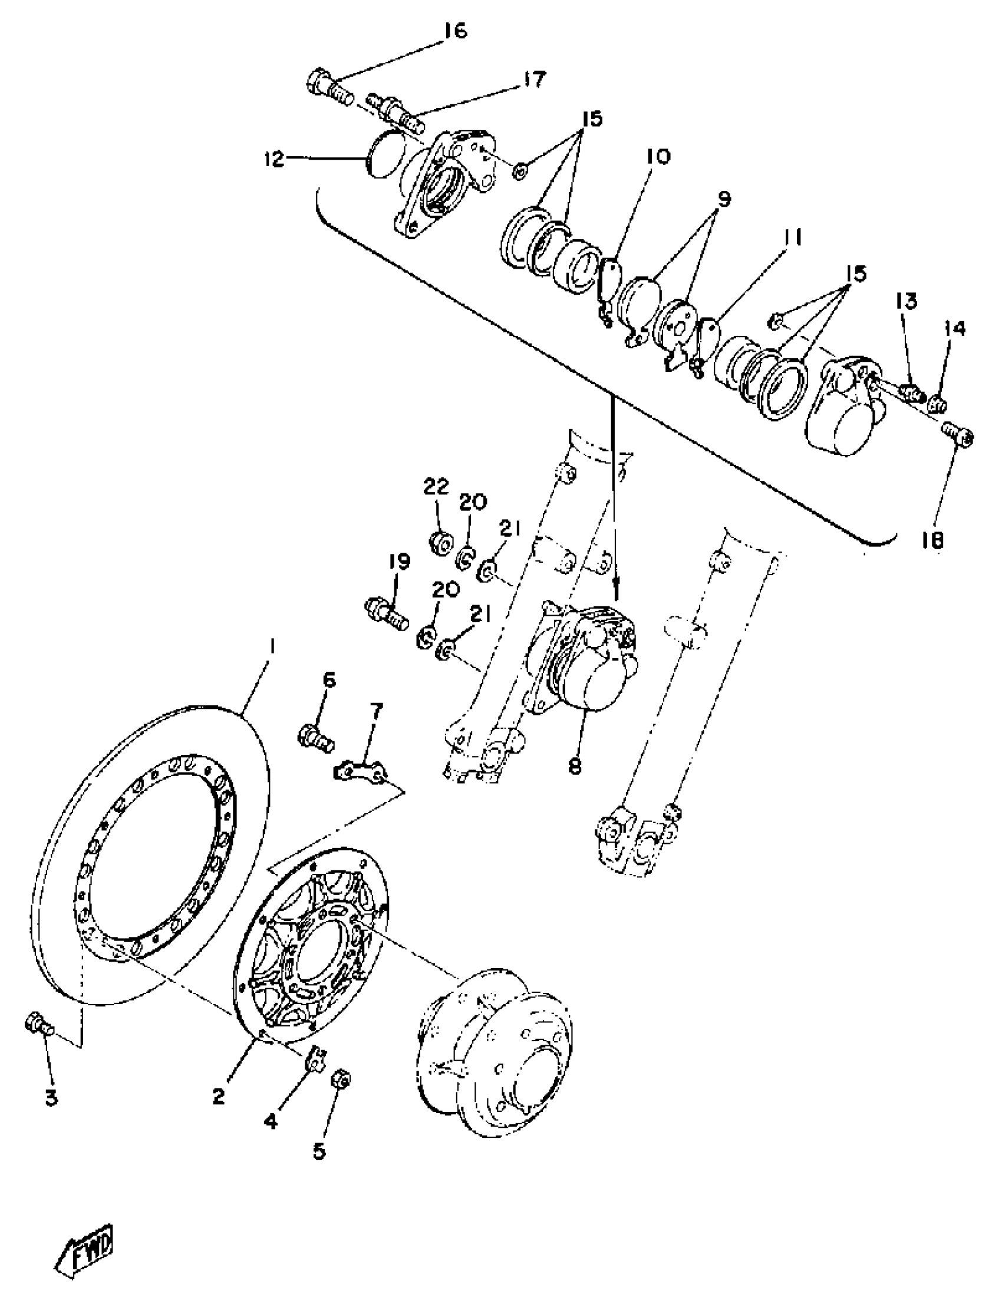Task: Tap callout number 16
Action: [x=456, y=31]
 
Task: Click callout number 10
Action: [x=657, y=157]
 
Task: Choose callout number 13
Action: [x=905, y=302]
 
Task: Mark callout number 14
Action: [x=954, y=329]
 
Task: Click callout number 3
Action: [x=51, y=1098]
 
